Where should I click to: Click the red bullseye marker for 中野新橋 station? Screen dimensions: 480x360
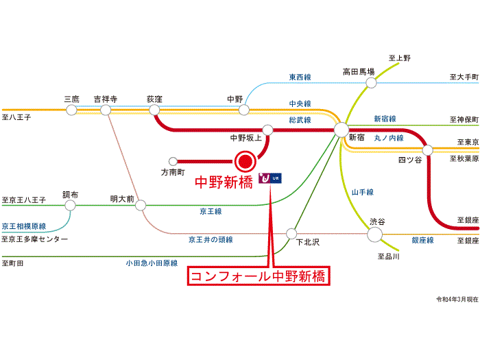[245, 161]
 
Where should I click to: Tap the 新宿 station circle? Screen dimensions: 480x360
[341, 130]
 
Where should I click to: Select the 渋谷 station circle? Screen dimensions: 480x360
[374, 235]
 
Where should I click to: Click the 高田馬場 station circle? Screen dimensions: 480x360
[371, 83]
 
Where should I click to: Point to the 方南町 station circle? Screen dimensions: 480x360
[173, 161]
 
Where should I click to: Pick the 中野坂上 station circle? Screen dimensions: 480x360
[267, 130]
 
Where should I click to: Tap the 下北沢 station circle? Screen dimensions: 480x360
[291, 234]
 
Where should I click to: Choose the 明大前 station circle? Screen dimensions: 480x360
[141, 205]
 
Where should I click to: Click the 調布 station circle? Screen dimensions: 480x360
[70, 205]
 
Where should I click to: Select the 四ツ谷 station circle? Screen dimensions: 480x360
[428, 150]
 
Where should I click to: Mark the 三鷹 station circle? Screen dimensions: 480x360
[71, 110]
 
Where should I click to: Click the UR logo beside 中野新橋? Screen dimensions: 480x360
[270, 178]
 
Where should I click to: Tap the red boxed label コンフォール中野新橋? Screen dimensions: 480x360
[259, 276]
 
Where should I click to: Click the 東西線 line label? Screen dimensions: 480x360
[300, 77]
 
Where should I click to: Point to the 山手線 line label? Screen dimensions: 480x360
[363, 192]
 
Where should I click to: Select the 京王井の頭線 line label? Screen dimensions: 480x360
[211, 239]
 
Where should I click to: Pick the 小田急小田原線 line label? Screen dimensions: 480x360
[152, 263]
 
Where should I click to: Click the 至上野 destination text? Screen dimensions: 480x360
[400, 58]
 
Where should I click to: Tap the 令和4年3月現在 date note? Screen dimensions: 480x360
[457, 299]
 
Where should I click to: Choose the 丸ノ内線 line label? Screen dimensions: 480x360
[389, 138]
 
